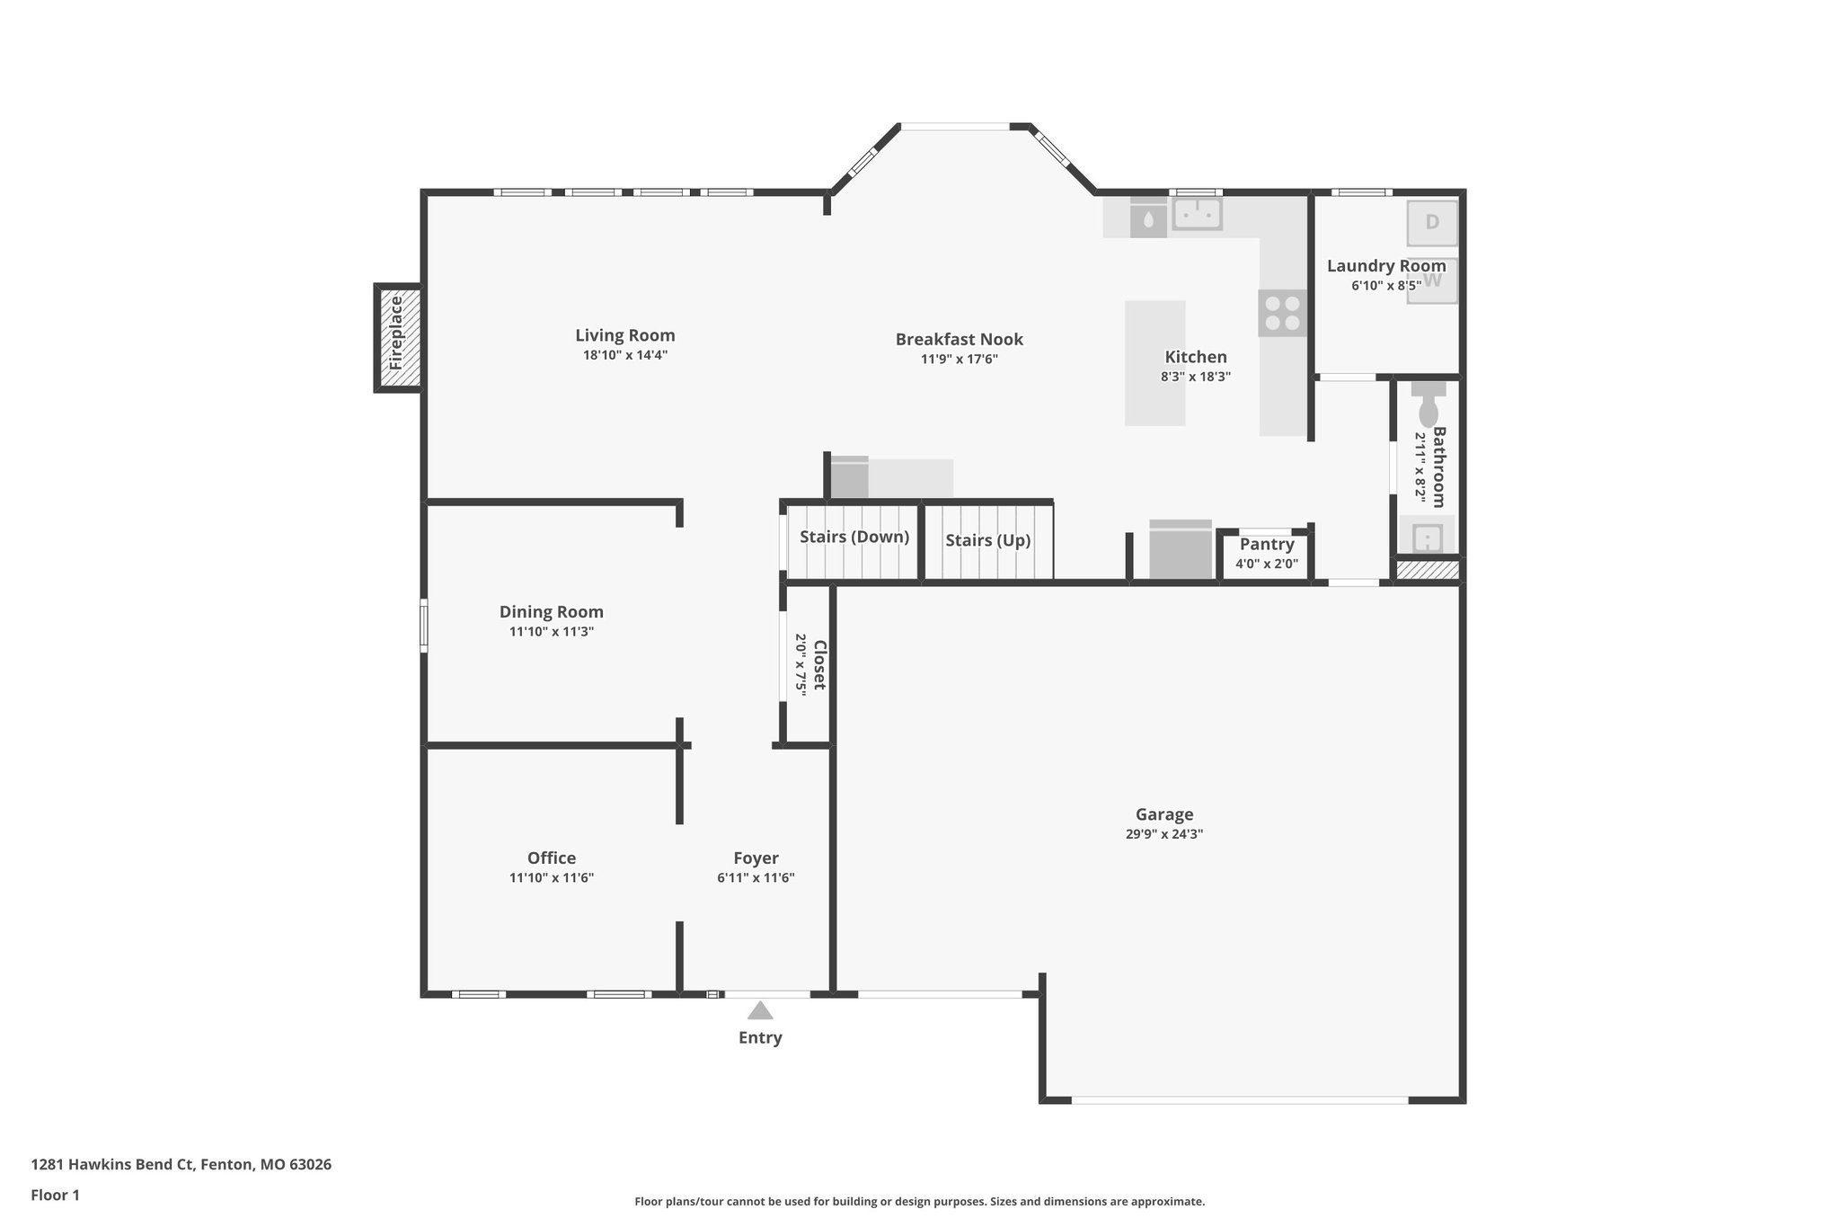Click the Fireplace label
click(396, 333)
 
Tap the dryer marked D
click(1432, 222)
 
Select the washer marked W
click(1433, 280)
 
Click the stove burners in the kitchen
click(1282, 313)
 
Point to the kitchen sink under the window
click(1197, 215)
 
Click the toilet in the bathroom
click(1428, 407)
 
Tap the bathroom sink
click(1428, 538)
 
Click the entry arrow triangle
click(760, 1010)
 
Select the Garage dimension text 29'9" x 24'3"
click(1164, 834)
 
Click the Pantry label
click(1267, 545)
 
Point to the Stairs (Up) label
click(987, 540)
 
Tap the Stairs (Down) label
click(854, 538)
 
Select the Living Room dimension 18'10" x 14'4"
click(625, 355)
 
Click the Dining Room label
click(552, 612)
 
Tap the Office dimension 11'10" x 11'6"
click(552, 878)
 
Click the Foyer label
click(756, 858)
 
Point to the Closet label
click(818, 665)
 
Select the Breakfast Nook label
click(959, 340)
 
